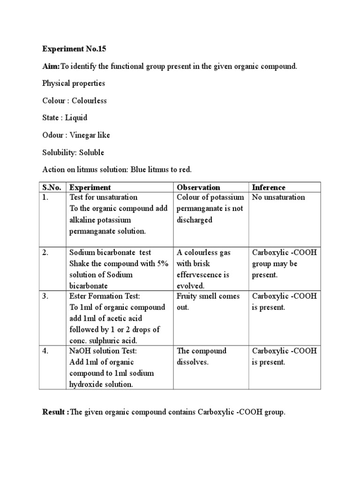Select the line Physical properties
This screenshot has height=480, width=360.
point(74,83)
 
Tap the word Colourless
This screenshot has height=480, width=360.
point(89,101)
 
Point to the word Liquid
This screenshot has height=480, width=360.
point(76,118)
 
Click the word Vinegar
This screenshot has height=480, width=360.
point(83,135)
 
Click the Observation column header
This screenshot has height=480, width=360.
point(198,187)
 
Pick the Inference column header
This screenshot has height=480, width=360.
point(269,187)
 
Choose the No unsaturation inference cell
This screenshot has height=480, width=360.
point(278,197)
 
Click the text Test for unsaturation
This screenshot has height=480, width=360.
point(103,197)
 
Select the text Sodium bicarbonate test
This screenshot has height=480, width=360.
point(110,253)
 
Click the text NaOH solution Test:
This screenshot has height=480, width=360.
point(101,351)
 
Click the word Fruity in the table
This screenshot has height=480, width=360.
point(187,296)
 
